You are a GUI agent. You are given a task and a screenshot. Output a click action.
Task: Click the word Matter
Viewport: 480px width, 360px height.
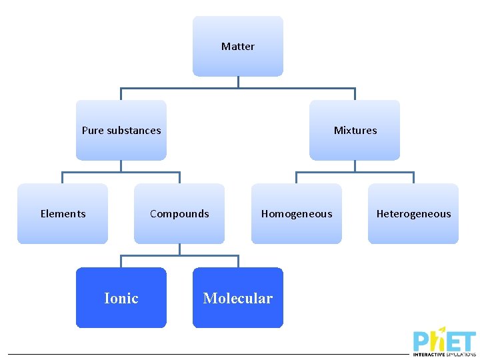coord(238,47)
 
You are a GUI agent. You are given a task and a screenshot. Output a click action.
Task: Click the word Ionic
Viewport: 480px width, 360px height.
coord(121,298)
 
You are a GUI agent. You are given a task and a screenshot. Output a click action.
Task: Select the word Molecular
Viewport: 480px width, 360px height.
coord(238,298)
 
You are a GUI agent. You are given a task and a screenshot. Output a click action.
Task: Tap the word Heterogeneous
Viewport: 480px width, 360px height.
coord(413,214)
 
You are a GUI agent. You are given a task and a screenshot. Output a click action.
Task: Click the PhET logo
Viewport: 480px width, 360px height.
coord(444,341)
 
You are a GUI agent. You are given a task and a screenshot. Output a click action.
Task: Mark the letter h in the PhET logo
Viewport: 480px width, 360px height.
coord(438,340)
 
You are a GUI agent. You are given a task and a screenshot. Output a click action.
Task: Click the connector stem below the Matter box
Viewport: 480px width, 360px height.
coord(238,82)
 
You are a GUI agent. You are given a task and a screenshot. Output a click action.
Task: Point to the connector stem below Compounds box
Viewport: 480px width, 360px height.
coord(179,249)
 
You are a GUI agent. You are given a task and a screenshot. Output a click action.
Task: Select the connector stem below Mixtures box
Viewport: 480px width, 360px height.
coord(355,166)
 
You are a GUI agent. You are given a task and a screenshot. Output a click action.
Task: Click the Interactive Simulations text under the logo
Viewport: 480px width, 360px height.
coord(444,355)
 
